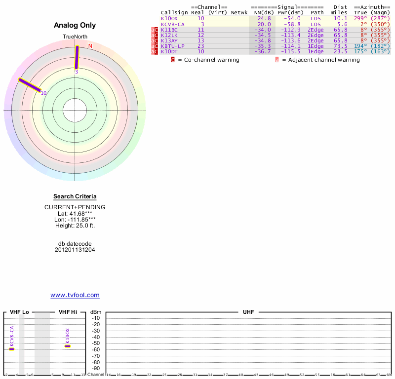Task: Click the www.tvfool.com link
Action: click(x=75, y=295)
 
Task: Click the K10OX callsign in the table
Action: click(x=169, y=18)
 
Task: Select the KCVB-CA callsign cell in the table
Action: click(x=173, y=24)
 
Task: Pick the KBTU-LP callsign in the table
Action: click(x=173, y=46)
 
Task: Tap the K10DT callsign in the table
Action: click(x=169, y=51)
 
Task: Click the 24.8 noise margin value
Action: click(x=264, y=18)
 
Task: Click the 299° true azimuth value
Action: click(x=361, y=18)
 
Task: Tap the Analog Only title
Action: click(x=75, y=25)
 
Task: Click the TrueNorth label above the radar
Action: click(x=75, y=37)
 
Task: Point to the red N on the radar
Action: click(x=90, y=46)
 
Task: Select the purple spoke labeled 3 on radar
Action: click(x=77, y=58)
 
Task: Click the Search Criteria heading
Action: click(x=75, y=196)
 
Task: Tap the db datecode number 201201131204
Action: click(x=75, y=250)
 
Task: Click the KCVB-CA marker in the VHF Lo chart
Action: click(x=12, y=349)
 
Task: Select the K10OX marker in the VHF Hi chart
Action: click(x=68, y=346)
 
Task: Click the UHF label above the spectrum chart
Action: click(x=247, y=312)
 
